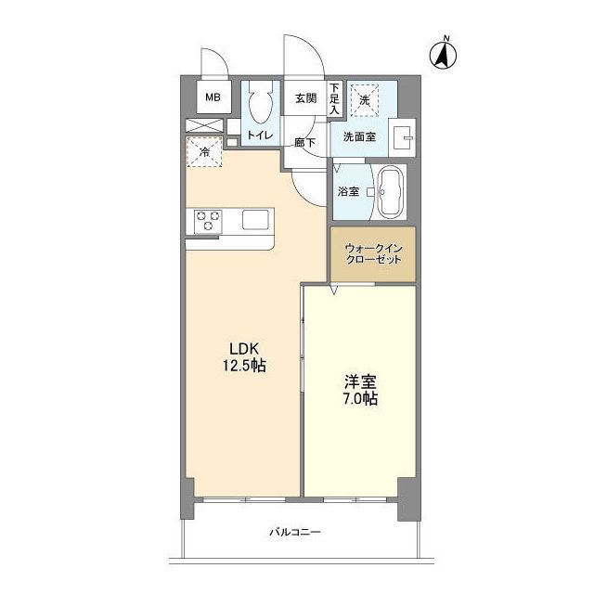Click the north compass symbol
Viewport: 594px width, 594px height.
[443, 54]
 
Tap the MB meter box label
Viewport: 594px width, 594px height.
[213, 97]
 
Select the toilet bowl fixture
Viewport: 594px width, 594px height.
[261, 101]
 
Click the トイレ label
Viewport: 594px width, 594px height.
[260, 135]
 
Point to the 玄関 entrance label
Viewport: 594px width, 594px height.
[305, 98]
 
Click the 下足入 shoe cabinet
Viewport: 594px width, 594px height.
[334, 98]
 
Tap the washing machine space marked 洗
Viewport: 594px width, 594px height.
[365, 100]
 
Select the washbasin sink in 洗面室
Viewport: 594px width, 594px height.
[402, 137]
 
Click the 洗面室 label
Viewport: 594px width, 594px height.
[359, 136]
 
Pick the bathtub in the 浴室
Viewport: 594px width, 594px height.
[392, 192]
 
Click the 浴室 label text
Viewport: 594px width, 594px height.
[348, 191]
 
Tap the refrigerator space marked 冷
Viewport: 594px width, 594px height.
[204, 152]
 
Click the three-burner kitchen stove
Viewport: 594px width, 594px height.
[208, 221]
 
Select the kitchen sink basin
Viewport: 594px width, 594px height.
[256, 220]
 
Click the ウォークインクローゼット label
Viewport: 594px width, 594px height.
[373, 254]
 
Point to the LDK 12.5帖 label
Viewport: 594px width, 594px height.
[244, 356]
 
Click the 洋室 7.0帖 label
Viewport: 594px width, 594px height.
[360, 390]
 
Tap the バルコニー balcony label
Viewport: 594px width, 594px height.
[295, 532]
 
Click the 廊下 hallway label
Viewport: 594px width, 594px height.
[305, 143]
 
